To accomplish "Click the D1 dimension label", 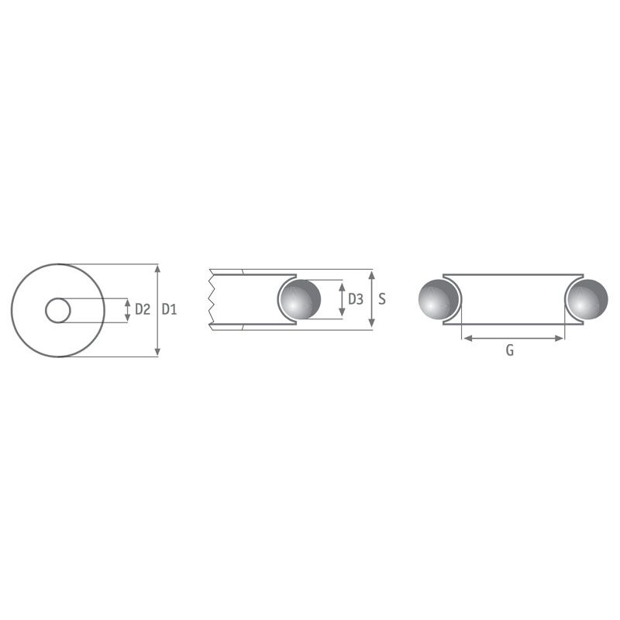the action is click(169, 309).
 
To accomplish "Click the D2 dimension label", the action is click(143, 309).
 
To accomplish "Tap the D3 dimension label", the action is click(356, 299).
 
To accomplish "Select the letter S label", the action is click(381, 299).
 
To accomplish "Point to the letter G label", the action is click(510, 350).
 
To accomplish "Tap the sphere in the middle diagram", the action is click(300, 299).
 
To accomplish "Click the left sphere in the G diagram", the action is click(438, 299).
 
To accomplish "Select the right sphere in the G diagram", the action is click(587, 299).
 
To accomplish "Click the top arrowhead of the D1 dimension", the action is click(158, 269).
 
